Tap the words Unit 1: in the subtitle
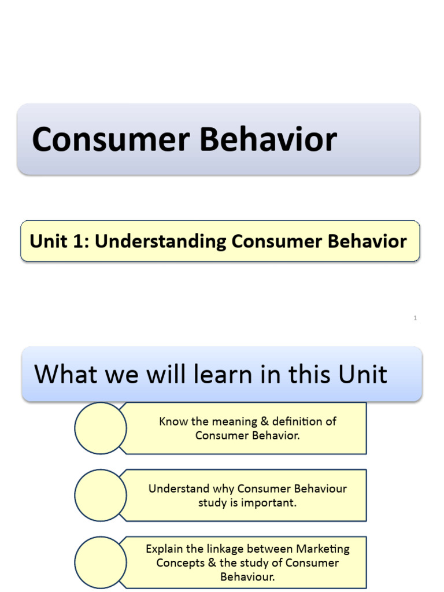coord(60,241)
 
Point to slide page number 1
coord(415,318)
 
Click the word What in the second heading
coord(66,375)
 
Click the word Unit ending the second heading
coord(362,375)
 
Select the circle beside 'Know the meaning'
coord(101,428)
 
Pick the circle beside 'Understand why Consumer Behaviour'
coord(101,495)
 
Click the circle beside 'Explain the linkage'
coord(101,562)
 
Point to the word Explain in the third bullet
coord(164,549)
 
